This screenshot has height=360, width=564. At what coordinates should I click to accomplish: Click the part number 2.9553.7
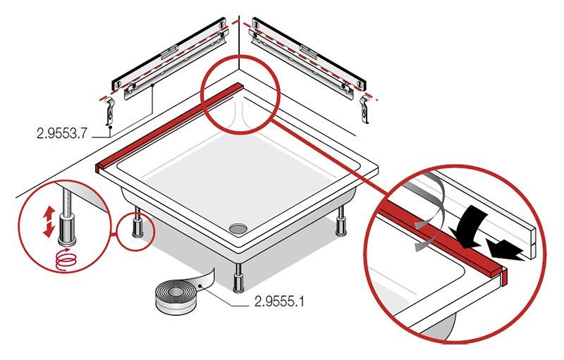click(x=62, y=133)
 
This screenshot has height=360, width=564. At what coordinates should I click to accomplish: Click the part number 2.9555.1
click(x=279, y=301)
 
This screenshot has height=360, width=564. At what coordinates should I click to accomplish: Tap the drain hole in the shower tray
click(x=238, y=228)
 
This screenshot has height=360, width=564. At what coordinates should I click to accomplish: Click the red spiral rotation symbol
click(x=66, y=259)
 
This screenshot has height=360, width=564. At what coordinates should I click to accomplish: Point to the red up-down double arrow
click(x=49, y=222)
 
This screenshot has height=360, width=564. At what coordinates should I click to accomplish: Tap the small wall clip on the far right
click(x=365, y=109)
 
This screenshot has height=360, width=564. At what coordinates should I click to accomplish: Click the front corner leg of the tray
click(x=238, y=278)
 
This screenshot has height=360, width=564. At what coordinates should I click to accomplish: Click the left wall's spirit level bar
click(x=169, y=54)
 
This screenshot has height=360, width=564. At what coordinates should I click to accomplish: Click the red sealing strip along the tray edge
click(x=169, y=127)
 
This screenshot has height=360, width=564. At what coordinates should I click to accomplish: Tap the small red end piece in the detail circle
click(x=504, y=275)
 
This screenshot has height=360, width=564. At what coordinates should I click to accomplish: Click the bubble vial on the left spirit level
click(x=169, y=50)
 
